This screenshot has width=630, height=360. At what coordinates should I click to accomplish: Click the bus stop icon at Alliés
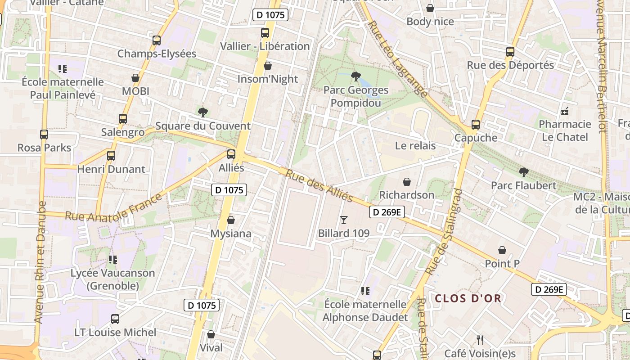(x=231, y=154)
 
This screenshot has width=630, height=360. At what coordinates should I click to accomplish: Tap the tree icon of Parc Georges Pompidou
(x=355, y=76)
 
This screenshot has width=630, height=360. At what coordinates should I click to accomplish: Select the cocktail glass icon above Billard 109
(x=344, y=220)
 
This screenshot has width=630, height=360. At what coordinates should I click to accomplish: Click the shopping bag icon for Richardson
(x=407, y=182)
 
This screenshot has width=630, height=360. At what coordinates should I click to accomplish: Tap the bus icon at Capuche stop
(x=476, y=125)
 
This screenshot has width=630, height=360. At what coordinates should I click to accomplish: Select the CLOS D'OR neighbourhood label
(x=468, y=298)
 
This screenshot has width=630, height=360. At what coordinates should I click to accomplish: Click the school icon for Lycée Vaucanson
(x=113, y=260)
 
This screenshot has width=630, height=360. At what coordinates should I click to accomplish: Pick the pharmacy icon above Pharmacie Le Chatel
(x=565, y=111)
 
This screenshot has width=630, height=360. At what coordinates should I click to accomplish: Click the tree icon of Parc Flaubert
(x=523, y=172)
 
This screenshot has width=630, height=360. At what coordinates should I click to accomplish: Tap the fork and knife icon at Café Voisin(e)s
(x=480, y=340)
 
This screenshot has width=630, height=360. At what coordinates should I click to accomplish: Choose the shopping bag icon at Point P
(x=502, y=250)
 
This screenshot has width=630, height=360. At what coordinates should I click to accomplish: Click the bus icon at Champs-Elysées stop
(x=157, y=40)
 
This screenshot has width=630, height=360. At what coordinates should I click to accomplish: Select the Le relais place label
(x=415, y=145)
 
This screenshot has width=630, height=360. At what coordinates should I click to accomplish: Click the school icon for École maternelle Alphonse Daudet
(x=365, y=291)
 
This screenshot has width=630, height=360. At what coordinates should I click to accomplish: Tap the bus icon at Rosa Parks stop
(x=44, y=134)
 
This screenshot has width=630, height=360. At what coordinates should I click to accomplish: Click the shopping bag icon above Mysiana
(x=231, y=220)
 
